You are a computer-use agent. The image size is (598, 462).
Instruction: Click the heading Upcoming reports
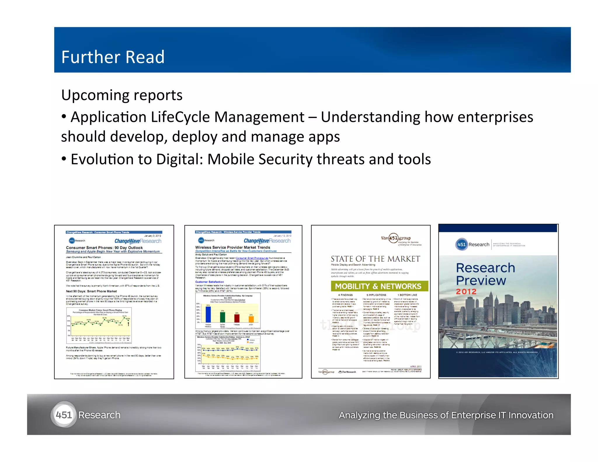point(122,95)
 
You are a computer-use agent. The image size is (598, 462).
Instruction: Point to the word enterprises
point(495,117)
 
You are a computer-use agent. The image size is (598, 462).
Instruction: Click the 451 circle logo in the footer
point(64,415)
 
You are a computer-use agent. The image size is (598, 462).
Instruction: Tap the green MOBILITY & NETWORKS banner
point(379,286)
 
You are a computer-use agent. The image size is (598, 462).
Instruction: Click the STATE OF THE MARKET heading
point(375,259)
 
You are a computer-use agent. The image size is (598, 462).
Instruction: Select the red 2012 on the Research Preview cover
point(466,291)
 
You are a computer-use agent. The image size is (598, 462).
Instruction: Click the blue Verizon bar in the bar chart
point(208,314)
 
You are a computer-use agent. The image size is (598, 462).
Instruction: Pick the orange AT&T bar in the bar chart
point(251,319)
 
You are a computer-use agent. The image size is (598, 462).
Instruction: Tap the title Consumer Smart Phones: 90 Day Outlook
point(104,248)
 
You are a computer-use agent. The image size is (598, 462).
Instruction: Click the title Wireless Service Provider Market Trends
point(233,247)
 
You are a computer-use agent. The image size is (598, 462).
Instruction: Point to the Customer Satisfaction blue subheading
point(209,282)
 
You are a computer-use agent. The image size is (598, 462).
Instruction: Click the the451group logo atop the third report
point(396,238)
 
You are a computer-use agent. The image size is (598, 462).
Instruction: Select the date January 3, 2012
point(152,236)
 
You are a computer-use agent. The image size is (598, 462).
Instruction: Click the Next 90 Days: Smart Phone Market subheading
point(91,291)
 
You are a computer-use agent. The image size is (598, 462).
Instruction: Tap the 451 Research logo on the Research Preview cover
point(472,244)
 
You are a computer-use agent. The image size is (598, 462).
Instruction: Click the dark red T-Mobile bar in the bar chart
point(237,318)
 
